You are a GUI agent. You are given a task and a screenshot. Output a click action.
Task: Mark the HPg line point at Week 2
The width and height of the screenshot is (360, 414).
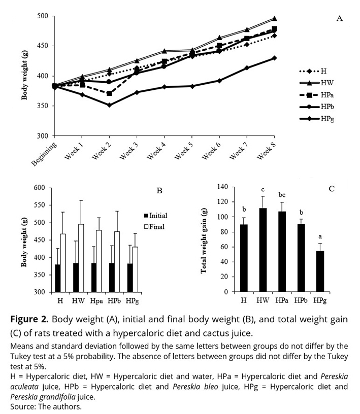coord(109,105)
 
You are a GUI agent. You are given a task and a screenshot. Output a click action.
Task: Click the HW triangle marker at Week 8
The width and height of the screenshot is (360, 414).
coord(274,19)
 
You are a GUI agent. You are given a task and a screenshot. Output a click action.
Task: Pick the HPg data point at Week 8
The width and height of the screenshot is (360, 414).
coord(274,58)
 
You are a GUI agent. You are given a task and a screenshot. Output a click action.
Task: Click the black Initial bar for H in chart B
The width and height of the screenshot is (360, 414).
coord(58,278)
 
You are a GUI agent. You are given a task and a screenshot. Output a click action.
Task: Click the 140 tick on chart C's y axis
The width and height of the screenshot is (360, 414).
coord(223,187)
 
